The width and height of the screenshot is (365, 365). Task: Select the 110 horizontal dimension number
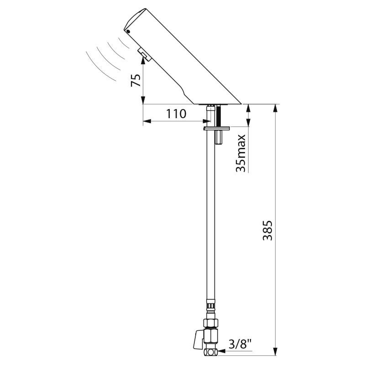[x=176, y=114]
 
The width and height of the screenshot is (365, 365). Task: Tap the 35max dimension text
[x=241, y=153]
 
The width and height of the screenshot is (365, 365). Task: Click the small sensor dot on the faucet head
[x=128, y=32]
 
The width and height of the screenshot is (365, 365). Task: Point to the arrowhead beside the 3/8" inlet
[x=220, y=352]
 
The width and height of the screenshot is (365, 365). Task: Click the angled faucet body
[x=182, y=59]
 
